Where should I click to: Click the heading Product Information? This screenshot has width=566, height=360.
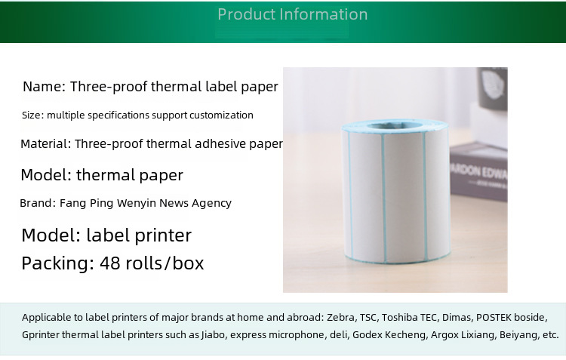coord(292,14)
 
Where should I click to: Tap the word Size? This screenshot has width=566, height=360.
coord(32,115)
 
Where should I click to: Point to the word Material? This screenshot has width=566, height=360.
coord(44,143)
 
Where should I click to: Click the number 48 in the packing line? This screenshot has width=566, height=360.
coord(110,263)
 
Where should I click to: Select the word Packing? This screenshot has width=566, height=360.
coord(56,263)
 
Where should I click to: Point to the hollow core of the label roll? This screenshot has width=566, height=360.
coord(395,125)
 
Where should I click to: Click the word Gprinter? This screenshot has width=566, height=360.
coord(41,335)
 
